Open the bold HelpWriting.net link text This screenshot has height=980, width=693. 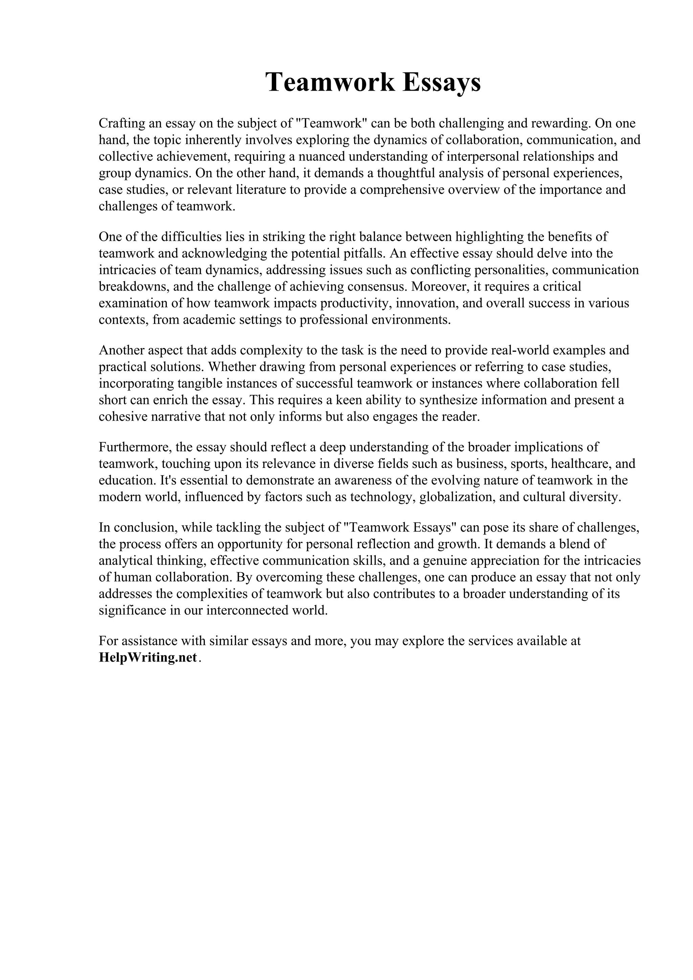(148, 658)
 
